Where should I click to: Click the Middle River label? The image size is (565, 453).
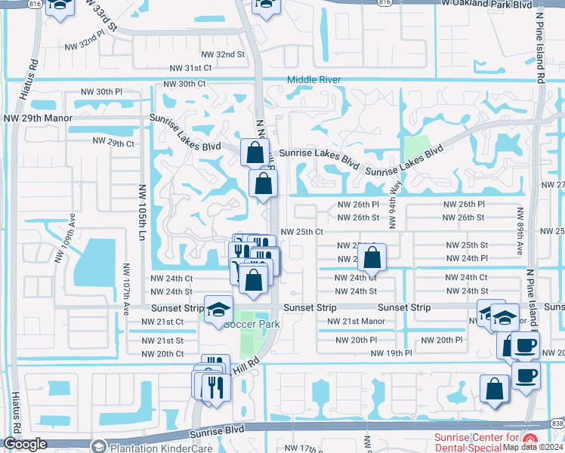313,80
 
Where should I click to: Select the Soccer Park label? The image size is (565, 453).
252,325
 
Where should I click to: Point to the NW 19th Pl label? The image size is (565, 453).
391,353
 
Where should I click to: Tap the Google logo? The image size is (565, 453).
25,444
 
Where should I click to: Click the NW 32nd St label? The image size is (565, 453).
223,54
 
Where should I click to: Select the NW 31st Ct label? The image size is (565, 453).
187,68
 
